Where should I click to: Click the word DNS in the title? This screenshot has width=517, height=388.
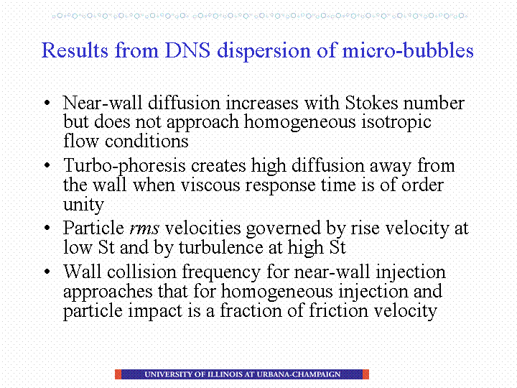187,50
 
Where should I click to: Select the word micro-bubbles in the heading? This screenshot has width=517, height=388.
408,50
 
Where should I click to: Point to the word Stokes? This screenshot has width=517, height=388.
372,103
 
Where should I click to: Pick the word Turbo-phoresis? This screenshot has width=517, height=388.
125,166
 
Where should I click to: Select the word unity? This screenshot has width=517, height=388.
83,205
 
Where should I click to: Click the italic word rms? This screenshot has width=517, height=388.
144,228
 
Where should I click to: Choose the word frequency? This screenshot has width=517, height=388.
221,272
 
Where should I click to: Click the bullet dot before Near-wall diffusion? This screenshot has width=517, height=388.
47,103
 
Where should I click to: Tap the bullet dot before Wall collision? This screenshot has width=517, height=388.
47,272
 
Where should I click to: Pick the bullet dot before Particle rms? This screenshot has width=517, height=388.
47,228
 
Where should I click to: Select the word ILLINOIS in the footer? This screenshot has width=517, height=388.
225,374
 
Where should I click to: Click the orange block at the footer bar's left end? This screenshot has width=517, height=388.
118,374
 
